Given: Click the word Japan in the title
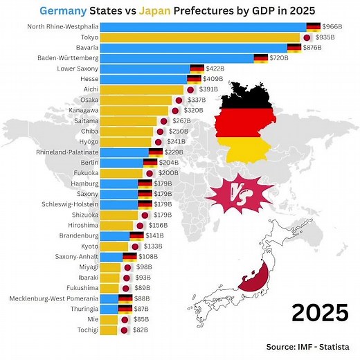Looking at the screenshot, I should pyautogui.click(x=156, y=10).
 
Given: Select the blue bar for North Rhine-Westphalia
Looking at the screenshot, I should pyautogui.click(x=201, y=26).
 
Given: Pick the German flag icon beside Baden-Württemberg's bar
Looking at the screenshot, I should pyautogui.click(x=261, y=58).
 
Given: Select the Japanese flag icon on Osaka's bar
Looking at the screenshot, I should pyautogui.click(x=179, y=100).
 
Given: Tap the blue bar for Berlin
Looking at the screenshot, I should pyautogui.click(x=121, y=163).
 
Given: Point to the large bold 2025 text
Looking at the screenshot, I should pyautogui.click(x=319, y=312).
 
